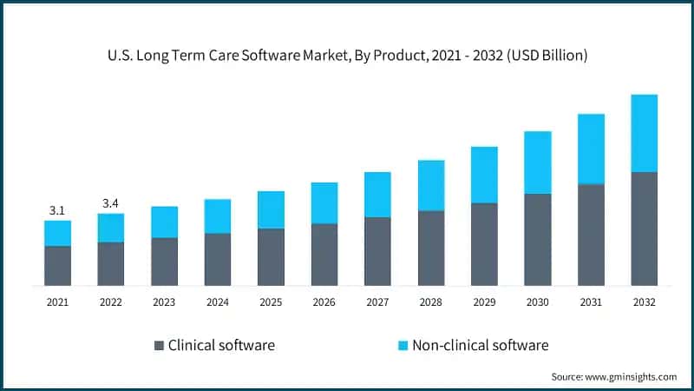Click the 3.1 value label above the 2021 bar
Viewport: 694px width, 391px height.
(x=57, y=210)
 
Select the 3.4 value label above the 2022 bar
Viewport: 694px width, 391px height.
(x=110, y=203)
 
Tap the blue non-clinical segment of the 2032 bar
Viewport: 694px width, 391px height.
(x=644, y=133)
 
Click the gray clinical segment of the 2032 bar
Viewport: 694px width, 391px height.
(x=644, y=229)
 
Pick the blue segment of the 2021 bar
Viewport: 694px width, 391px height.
(x=57, y=233)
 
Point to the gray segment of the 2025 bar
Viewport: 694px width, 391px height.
(x=271, y=257)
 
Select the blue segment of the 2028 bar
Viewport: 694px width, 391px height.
(x=431, y=185)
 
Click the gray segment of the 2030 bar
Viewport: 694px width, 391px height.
(x=538, y=239)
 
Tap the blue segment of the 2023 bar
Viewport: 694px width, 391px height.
(x=164, y=222)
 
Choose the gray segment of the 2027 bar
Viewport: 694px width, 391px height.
(x=377, y=251)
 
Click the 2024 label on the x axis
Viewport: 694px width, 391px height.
(x=217, y=302)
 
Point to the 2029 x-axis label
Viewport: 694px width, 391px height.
(x=484, y=302)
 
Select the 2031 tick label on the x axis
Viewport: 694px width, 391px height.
(x=591, y=302)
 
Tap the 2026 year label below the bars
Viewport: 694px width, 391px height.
(x=324, y=302)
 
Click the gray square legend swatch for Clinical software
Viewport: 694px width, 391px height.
(x=158, y=346)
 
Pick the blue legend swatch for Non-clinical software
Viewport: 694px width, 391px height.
(x=401, y=346)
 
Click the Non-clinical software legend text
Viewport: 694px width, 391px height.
(x=480, y=345)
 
